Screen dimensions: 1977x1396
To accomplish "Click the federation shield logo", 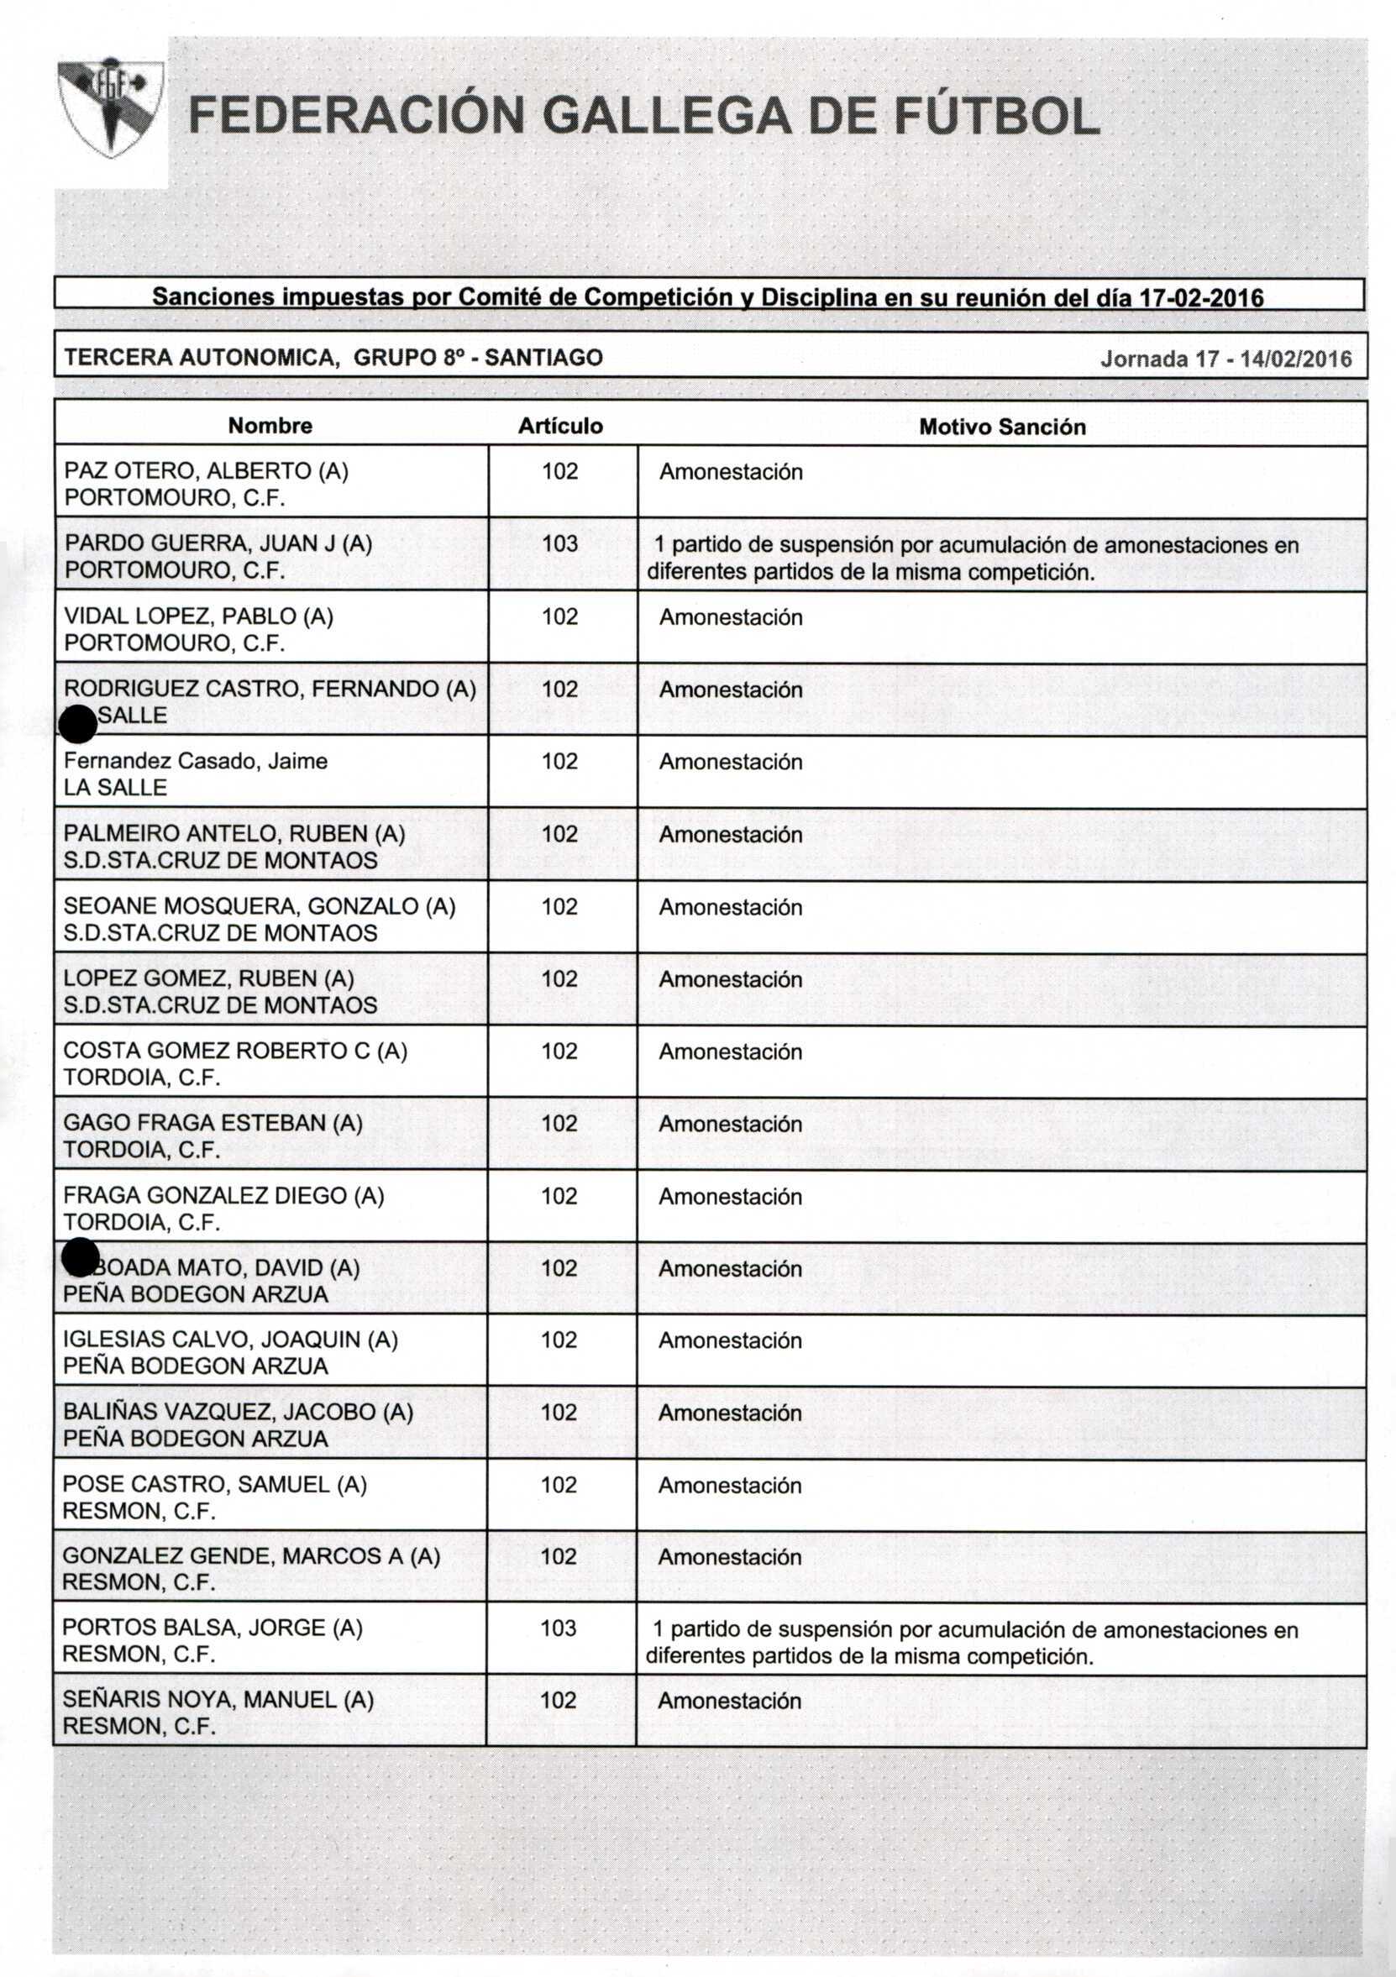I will [110, 107].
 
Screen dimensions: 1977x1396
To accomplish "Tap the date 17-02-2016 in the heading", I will [1201, 298].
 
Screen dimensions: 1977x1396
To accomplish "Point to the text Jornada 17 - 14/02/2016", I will [1225, 359].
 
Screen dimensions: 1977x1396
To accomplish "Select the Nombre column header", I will [270, 425].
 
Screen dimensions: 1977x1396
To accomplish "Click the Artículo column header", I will [559, 425].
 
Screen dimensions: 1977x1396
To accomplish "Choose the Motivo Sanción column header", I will [1001, 427].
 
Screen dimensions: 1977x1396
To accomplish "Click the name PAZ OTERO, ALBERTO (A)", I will [206, 471].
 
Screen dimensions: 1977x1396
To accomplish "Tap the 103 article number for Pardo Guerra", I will [559, 543].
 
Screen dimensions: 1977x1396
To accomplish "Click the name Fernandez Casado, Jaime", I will [196, 761].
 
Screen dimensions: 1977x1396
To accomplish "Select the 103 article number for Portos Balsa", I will [558, 1628].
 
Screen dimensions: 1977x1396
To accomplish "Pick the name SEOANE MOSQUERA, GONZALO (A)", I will [260, 906].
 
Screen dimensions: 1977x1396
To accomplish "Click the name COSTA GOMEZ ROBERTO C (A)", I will [235, 1051].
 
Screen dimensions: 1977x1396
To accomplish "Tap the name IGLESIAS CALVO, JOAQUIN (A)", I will [230, 1339].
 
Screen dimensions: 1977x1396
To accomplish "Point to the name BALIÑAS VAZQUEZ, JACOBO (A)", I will [238, 1411].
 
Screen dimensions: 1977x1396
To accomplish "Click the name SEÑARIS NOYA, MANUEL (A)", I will [218, 1699].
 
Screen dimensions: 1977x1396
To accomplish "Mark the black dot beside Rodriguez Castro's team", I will [77, 723].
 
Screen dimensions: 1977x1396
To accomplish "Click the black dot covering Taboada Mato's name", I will [80, 1257].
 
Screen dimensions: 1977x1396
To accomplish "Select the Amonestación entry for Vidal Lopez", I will [730, 616].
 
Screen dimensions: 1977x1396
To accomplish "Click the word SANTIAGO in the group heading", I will [543, 357].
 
